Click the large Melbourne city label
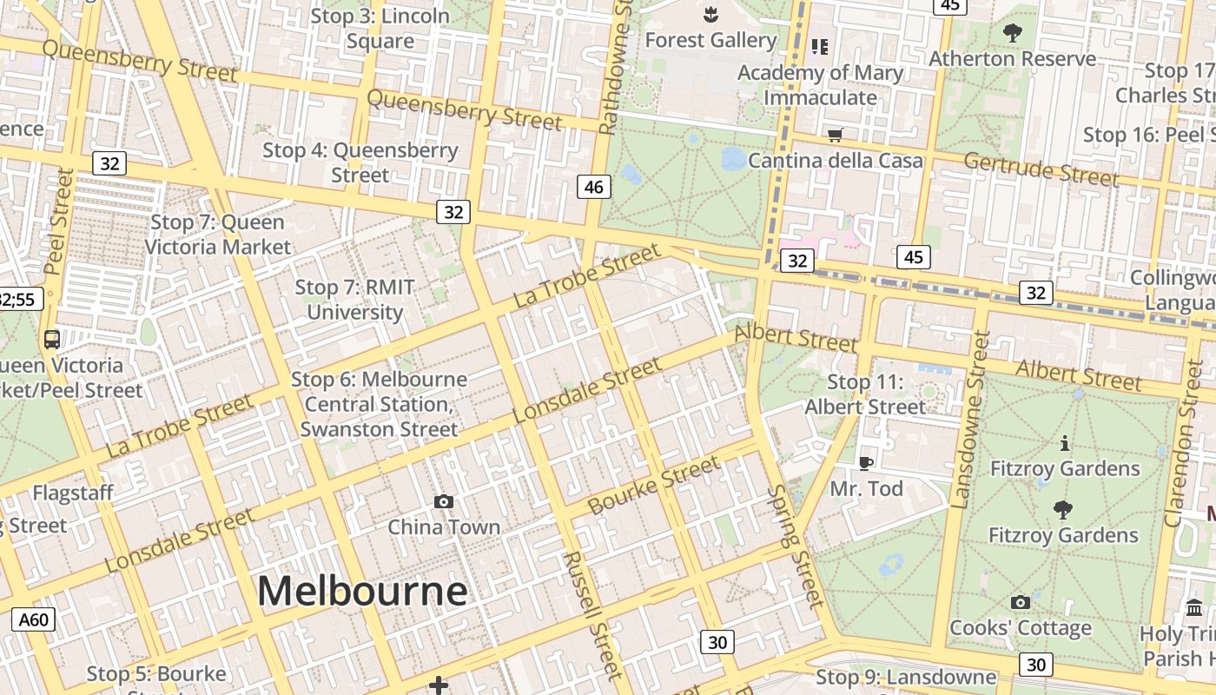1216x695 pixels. pos(362,592)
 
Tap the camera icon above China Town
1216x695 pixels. pos(444,501)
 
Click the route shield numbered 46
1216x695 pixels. pos(594,186)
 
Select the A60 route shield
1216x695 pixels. pos(34,619)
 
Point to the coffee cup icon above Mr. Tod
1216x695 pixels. pos(865,462)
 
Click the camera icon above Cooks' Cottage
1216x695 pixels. pos(1021,602)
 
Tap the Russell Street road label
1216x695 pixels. pos(592,614)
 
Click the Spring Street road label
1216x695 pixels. pos(794,546)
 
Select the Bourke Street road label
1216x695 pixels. pos(654,485)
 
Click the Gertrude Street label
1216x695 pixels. pos(1041,169)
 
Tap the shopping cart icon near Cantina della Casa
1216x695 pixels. pos(835,135)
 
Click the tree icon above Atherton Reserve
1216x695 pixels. pos(1012,33)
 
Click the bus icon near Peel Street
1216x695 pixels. pos(51,340)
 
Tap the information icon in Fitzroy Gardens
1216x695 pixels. pos(1065,444)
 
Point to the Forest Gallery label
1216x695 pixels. pos(710,40)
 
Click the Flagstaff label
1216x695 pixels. pos(73,493)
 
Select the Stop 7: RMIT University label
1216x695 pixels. pos(354,300)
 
